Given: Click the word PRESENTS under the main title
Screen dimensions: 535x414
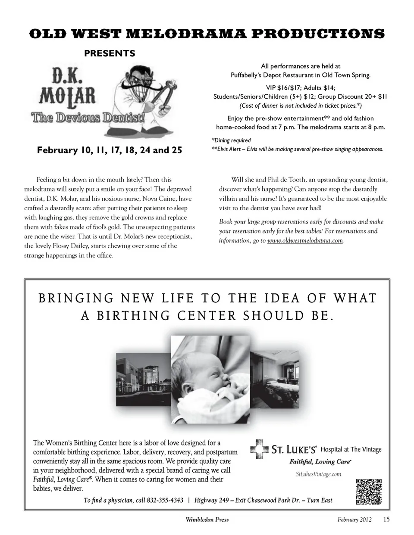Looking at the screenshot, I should click(109, 53).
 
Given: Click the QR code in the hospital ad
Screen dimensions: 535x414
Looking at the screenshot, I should click(369, 491).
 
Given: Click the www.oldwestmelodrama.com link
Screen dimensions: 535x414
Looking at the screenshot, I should click(305, 241).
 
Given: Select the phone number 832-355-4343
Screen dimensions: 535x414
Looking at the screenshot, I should click(165, 500).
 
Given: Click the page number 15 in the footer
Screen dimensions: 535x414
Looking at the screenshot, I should click(386, 519).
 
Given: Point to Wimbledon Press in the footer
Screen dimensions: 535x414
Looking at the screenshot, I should click(207, 519).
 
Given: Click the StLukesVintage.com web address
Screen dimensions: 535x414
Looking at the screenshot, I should click(318, 474).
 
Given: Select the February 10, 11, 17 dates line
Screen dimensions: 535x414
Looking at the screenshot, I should click(109, 150).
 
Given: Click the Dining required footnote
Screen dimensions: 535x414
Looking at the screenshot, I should click(231, 140).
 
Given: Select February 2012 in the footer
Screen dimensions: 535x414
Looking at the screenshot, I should click(354, 519).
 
